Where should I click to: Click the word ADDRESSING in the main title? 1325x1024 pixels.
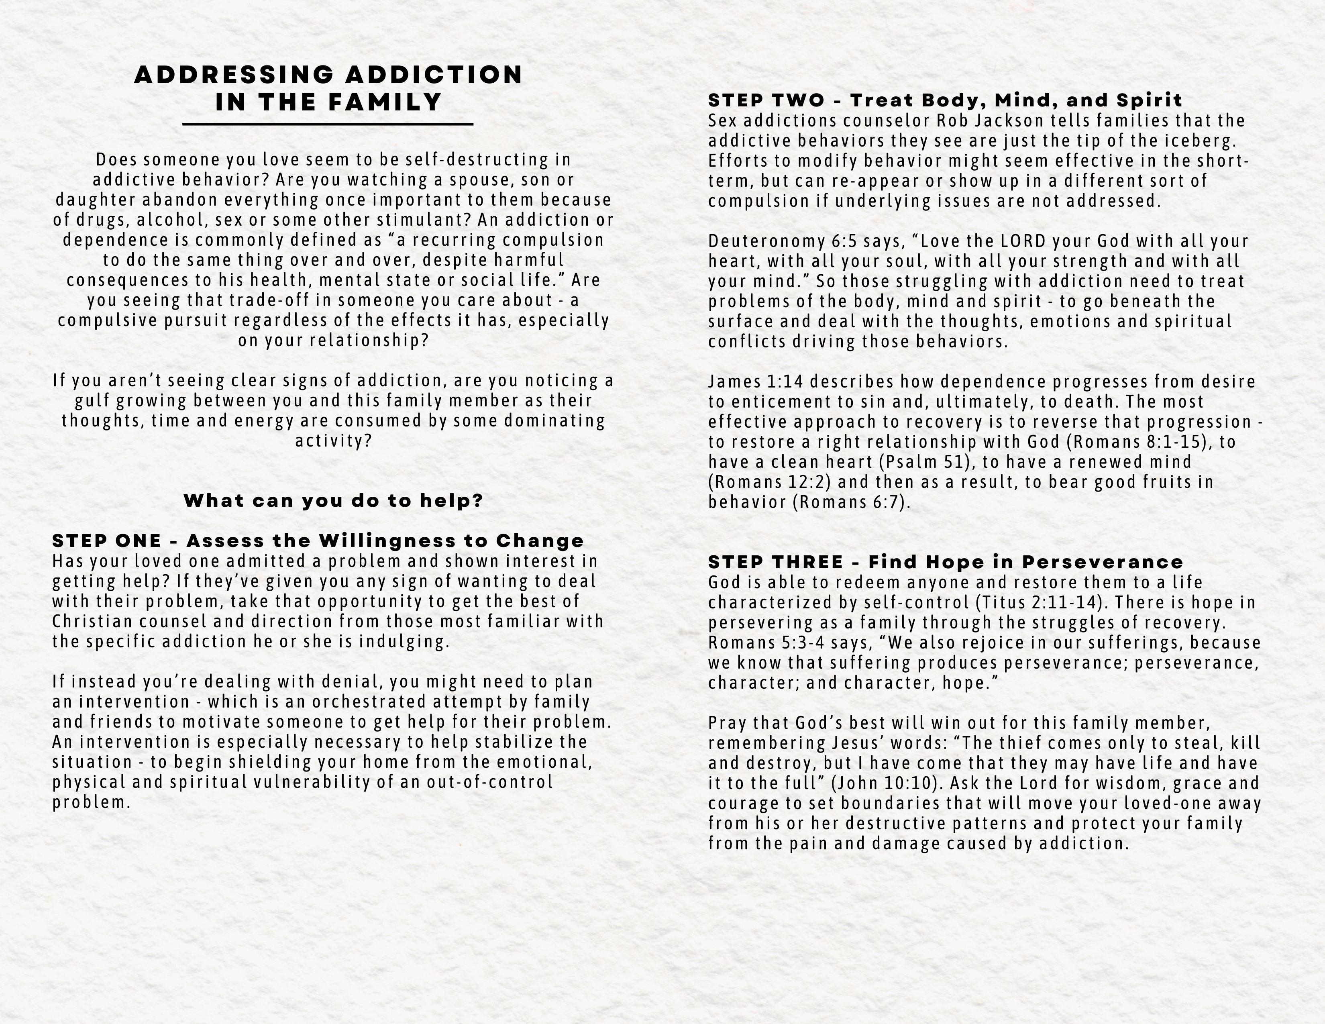pyautogui.click(x=234, y=75)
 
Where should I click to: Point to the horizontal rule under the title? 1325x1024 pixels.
pyautogui.click(x=328, y=124)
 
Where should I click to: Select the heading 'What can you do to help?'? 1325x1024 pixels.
pyautogui.click(x=333, y=501)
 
